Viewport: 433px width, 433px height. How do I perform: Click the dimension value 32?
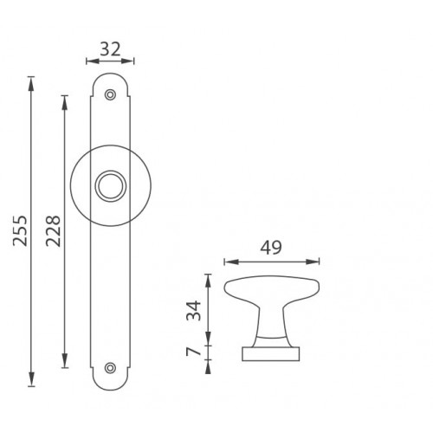110,49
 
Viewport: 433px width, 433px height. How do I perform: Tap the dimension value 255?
20,230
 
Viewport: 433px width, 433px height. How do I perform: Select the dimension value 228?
54,231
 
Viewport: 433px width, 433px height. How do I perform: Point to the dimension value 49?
271,248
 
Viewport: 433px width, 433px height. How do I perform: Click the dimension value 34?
194,311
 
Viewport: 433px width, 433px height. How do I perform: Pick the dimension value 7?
193,352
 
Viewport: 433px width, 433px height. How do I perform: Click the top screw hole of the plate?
110,94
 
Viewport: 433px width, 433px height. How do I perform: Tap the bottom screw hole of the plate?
110,368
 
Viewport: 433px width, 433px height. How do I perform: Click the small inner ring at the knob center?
111,186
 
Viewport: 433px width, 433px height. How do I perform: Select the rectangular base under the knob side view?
271,354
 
